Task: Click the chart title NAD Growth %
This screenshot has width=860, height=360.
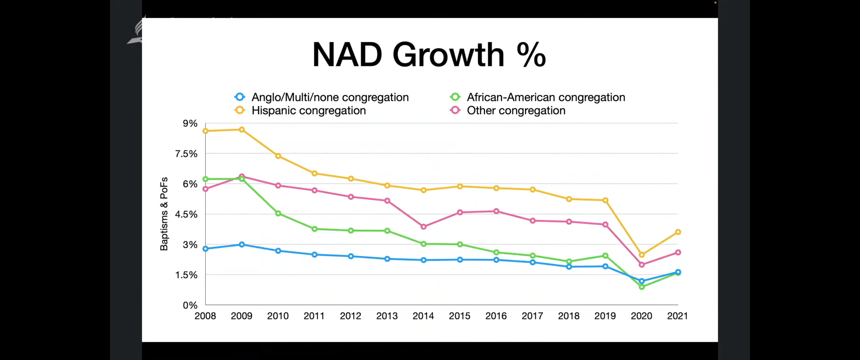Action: tap(429, 55)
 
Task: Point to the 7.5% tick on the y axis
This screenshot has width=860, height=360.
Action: tap(186, 153)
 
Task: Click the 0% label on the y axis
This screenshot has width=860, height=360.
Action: tap(190, 305)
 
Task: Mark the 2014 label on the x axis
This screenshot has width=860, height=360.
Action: tap(423, 316)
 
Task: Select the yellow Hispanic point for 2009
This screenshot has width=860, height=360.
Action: tap(242, 129)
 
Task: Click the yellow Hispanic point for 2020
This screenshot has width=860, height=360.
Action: tap(641, 255)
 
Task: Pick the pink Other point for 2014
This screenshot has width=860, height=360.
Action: tap(423, 227)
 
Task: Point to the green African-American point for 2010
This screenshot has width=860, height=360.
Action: tap(278, 213)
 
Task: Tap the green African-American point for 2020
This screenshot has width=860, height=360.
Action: tap(641, 287)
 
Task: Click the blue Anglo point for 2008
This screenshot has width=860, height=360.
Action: tap(205, 249)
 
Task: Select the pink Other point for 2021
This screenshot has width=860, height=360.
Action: tap(678, 252)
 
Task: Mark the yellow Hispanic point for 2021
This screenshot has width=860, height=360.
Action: tap(678, 232)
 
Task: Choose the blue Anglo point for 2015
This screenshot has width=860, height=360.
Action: tap(460, 259)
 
